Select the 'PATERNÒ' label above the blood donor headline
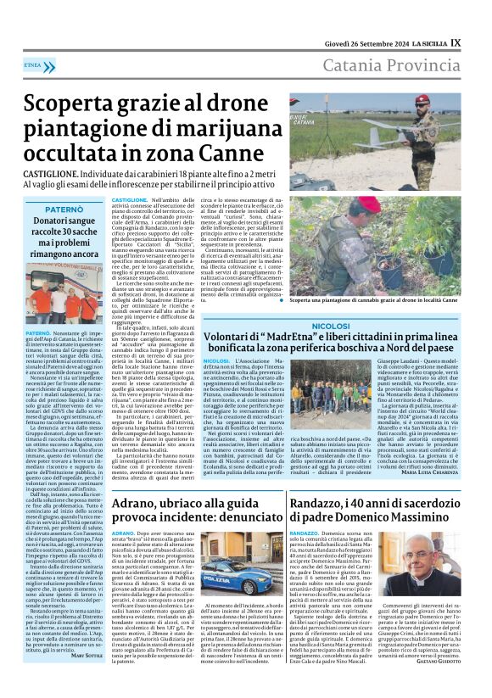64,208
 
